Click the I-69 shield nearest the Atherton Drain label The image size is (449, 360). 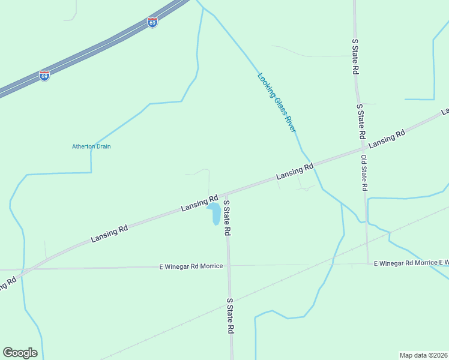click(44, 76)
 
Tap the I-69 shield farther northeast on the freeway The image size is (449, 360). click(152, 22)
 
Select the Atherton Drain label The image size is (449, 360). click(91, 146)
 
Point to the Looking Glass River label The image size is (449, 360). click(277, 103)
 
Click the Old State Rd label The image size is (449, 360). click(364, 173)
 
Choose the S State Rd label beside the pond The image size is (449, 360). click(227, 218)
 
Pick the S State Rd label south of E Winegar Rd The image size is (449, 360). click(230, 316)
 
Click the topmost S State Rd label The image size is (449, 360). click(355, 56)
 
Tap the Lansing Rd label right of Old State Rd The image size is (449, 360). click(387, 139)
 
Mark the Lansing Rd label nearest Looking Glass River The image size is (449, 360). click(295, 173)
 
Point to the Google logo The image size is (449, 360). click(20, 353)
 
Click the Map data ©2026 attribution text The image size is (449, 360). click(423, 355)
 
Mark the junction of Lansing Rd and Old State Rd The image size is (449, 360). click(363, 147)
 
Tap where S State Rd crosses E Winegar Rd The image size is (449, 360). click(229, 265)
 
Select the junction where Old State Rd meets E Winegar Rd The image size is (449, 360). click(367, 263)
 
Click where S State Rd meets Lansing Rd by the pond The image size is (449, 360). click(226, 194)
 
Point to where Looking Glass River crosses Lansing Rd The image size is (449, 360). click(311, 164)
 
